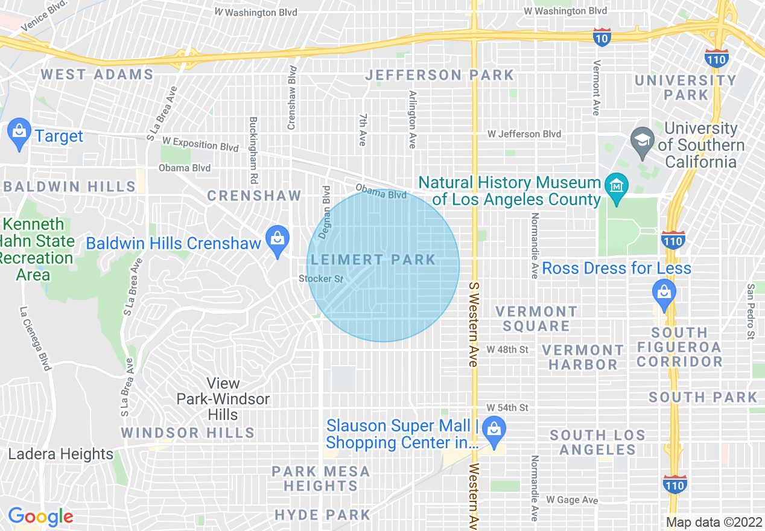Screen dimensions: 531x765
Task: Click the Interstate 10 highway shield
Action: point(601,37)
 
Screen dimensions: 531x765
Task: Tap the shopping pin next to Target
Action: point(19,134)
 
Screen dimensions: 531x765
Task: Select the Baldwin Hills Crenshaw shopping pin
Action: point(277,241)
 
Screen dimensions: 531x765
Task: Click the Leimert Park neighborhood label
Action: point(373,260)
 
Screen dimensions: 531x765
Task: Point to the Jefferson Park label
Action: point(440,75)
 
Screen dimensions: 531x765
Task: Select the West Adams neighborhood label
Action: point(97,74)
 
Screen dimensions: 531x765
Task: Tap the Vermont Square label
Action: point(536,319)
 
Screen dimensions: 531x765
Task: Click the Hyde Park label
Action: point(322,515)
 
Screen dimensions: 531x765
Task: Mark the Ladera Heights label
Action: point(60,454)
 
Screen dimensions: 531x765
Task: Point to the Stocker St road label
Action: point(320,279)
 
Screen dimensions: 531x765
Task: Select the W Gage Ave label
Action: point(571,500)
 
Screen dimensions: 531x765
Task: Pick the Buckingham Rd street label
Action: point(253,150)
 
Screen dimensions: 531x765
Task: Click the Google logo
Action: point(40,517)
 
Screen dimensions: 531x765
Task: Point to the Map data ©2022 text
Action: point(714,522)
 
